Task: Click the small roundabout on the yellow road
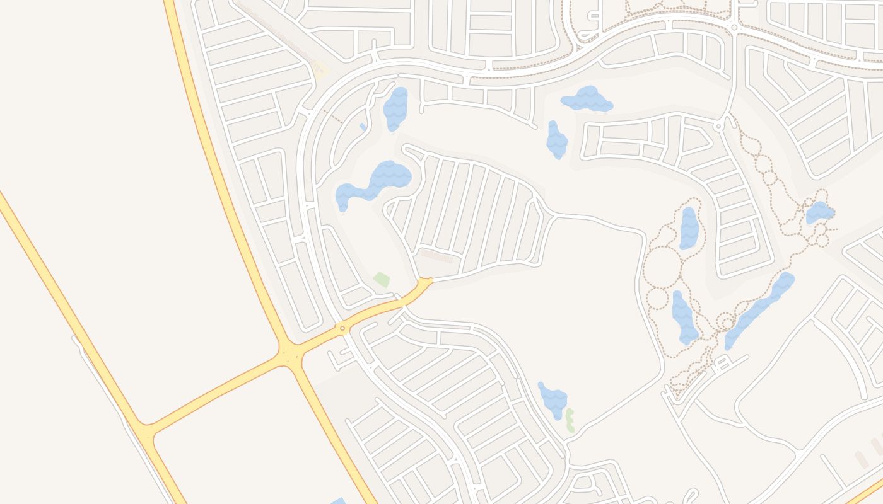click(x=342, y=328)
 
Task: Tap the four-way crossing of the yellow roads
click(x=289, y=355)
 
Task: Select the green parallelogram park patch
click(x=382, y=279)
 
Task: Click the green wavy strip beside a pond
click(x=570, y=420)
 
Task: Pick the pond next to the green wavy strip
click(x=553, y=399)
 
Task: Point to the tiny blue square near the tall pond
click(x=363, y=127)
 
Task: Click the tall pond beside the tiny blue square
click(x=395, y=108)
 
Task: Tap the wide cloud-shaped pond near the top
click(x=587, y=100)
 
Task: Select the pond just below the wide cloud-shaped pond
click(x=556, y=140)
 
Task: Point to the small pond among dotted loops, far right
click(x=819, y=212)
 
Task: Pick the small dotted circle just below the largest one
click(x=657, y=299)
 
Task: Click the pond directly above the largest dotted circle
click(x=689, y=227)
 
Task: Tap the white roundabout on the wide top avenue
click(x=734, y=28)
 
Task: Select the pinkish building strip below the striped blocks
click(x=436, y=256)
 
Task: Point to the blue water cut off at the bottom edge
click(x=338, y=501)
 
